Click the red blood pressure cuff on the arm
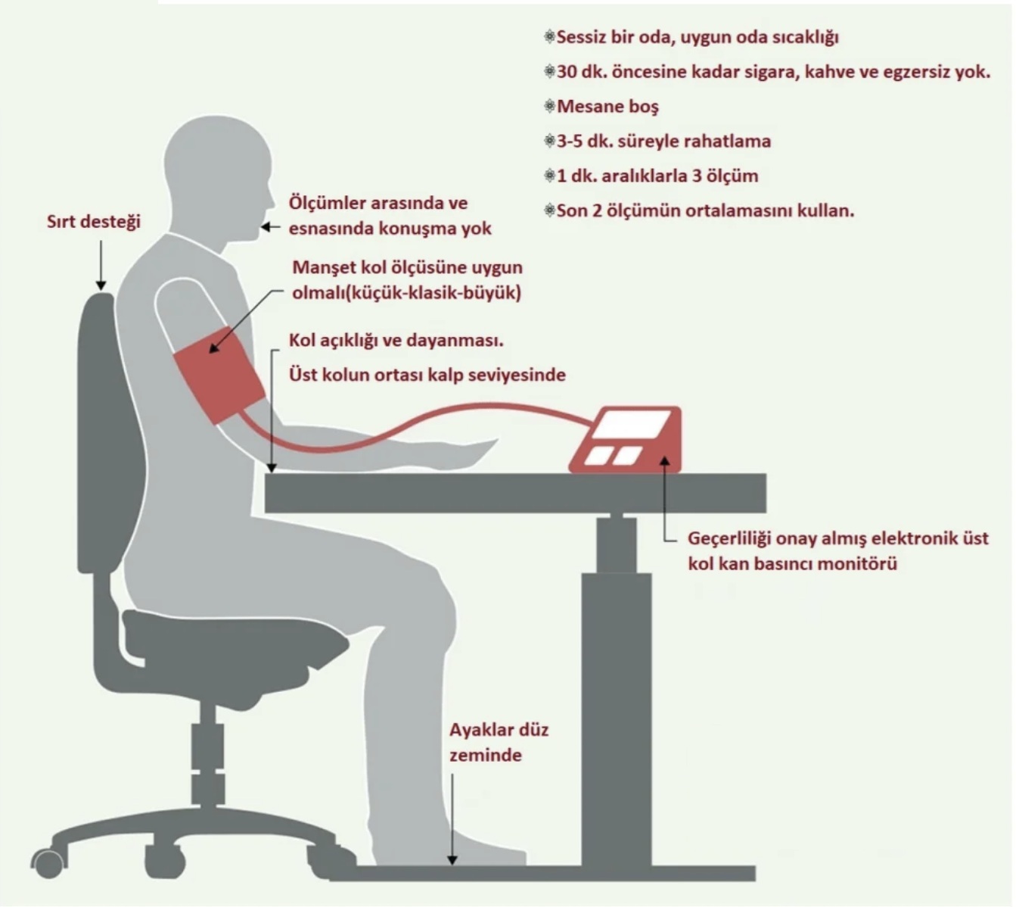(219, 375)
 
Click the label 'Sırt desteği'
(94, 221)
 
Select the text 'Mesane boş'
(607, 107)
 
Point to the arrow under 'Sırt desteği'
(101, 265)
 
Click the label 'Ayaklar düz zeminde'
(499, 743)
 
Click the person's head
(219, 181)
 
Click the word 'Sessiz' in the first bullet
(581, 37)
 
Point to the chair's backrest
(108, 432)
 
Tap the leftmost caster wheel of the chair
(48, 864)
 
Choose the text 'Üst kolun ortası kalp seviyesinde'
(427, 375)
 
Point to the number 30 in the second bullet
(567, 72)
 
